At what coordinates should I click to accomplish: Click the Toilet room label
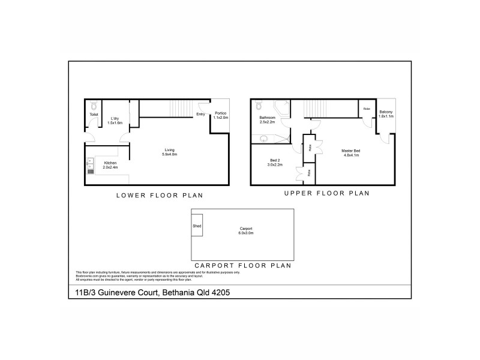coord(93,114)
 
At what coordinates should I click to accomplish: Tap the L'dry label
coord(114,118)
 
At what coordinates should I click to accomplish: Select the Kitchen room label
coord(110,163)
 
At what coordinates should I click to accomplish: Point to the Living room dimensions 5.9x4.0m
coord(169,155)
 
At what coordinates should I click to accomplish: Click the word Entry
coord(200,113)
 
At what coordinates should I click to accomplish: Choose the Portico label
coord(220,113)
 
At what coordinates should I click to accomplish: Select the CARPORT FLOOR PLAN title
coord(242,265)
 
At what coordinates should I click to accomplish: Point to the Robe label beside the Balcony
coord(367,109)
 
